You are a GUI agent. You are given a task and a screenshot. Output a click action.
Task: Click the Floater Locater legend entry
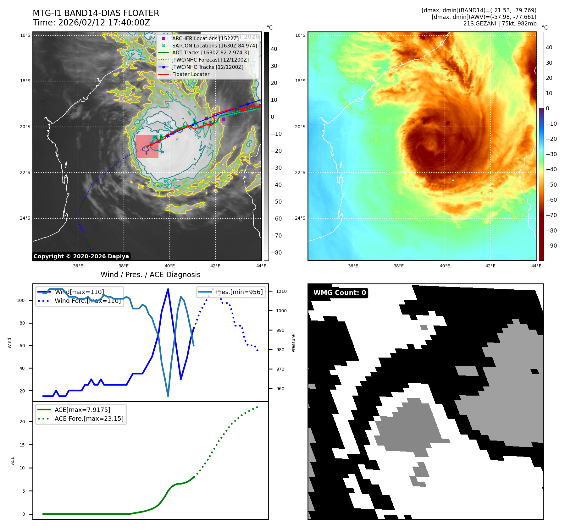click(191, 74)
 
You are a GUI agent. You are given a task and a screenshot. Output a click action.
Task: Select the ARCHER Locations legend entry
click(205, 38)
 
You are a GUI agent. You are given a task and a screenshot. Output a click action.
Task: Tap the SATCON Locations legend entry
click(214, 46)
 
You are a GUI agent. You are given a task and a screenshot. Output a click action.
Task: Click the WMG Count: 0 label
click(340, 293)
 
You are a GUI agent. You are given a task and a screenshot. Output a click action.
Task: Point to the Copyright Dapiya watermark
click(81, 256)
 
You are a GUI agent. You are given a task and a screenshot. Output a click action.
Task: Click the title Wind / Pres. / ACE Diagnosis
click(150, 275)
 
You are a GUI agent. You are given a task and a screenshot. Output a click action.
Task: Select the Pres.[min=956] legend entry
click(239, 292)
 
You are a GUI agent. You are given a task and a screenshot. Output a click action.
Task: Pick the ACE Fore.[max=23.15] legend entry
click(89, 419)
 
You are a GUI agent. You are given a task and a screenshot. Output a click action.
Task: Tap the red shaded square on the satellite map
click(147, 146)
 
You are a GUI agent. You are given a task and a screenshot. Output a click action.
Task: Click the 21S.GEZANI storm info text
click(500, 24)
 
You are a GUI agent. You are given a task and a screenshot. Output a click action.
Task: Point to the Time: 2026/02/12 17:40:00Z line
click(91, 23)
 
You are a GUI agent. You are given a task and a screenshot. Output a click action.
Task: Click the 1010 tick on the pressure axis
click(281, 291)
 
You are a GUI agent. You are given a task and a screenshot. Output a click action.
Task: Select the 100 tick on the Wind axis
click(21, 300)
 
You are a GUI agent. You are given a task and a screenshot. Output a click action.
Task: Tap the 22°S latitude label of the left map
click(25, 172)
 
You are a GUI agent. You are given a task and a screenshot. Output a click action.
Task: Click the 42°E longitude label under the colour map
click(490, 266)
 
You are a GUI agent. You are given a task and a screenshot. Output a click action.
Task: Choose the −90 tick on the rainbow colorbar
click(551, 246)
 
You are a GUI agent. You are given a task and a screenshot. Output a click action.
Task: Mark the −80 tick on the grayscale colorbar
click(276, 253)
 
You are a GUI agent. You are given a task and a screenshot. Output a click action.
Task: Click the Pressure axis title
click(293, 343)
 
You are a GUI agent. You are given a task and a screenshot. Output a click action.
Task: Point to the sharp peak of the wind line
click(168, 289)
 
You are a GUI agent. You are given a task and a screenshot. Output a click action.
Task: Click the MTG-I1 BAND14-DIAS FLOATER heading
click(96, 13)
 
